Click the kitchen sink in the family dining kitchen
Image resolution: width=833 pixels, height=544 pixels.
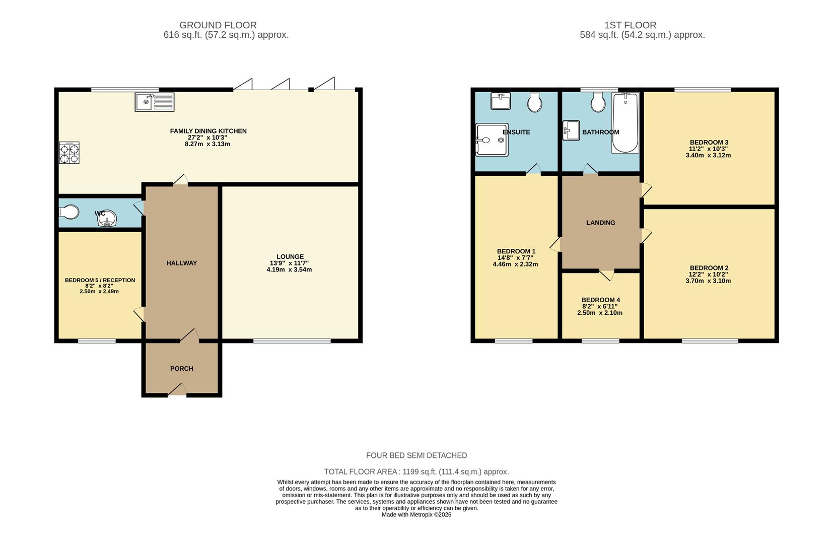coord(154,102)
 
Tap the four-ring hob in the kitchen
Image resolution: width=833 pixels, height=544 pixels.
coord(69,153)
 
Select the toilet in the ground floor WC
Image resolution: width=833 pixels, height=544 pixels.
coord(69,212)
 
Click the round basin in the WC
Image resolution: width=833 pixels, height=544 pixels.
coord(107,218)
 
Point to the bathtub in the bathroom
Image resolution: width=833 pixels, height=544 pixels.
coord(625,122)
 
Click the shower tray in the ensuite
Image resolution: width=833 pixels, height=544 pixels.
coord(491,140)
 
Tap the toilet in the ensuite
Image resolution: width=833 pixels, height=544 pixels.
coord(535,102)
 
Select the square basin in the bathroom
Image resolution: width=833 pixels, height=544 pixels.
coord(571,129)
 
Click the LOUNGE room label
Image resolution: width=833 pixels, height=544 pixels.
coord(290,256)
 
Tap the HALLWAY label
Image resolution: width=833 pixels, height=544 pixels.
coord(182,263)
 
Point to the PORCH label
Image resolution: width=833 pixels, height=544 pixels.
coord(182,368)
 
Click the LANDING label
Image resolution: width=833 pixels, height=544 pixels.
coord(600,223)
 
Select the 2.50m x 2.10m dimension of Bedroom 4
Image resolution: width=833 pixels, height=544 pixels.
coord(599,313)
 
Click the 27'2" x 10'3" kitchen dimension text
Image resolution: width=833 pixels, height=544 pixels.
coord(208,138)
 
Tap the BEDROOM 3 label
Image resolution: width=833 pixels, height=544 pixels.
coord(709,143)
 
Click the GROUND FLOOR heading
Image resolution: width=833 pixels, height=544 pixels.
coord(218,25)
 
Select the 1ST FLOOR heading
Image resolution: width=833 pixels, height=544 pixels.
coord(630,25)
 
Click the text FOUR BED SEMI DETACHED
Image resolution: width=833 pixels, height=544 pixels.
coord(416,455)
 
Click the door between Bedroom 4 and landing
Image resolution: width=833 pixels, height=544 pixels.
coord(607,275)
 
